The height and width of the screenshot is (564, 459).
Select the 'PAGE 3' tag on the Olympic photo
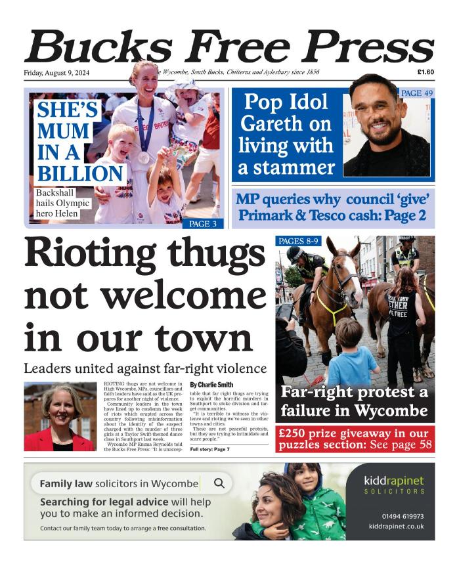pyautogui.click(x=203, y=224)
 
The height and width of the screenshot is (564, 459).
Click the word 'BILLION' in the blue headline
pyautogui.click(x=80, y=173)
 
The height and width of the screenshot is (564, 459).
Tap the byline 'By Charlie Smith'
pyautogui.click(x=213, y=384)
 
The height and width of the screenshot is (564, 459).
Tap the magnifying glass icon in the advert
pyautogui.click(x=219, y=483)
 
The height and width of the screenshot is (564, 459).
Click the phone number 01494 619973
pyautogui.click(x=403, y=516)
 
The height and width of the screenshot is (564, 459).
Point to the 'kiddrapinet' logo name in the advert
pyautogui.click(x=394, y=479)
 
